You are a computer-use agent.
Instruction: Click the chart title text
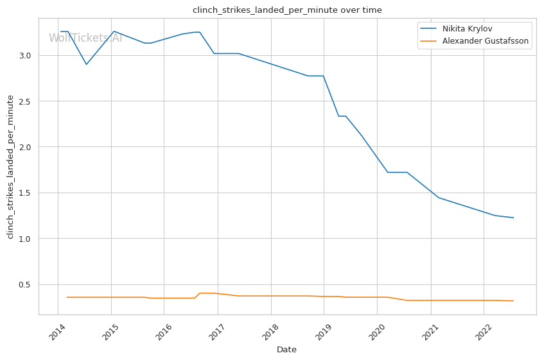287,10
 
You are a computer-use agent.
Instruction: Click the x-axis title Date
286,350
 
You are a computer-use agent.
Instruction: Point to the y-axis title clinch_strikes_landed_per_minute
10,166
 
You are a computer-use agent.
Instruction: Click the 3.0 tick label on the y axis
25,56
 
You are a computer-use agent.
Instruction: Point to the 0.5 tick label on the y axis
25,285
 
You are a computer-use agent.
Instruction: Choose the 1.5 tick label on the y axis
25,193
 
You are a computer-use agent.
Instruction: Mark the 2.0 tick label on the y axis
25,148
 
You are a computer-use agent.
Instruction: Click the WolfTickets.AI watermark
85,38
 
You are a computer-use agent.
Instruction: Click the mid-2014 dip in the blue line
86,64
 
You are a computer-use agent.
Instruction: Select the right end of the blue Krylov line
513,218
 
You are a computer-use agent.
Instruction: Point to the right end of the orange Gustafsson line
513,300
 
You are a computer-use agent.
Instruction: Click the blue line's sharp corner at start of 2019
324,76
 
